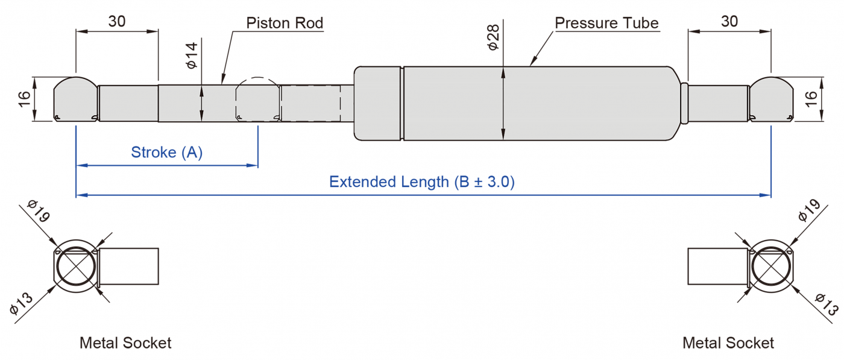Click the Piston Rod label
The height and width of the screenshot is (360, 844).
coord(285,24)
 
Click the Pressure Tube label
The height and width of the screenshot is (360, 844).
coord(606,24)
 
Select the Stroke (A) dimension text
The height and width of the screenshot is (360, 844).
coord(167,153)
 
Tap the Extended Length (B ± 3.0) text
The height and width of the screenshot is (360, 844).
coord(422,182)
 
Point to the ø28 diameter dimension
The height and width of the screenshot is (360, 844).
coord(494,37)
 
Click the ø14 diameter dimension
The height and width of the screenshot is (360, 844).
coord(192,55)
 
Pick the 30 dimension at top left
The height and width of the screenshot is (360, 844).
coord(117,21)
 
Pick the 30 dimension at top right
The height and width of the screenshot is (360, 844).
coord(729,21)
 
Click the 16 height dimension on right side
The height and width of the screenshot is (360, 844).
coord(811,99)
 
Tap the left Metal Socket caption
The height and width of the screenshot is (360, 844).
coord(125,343)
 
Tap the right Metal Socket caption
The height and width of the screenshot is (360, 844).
coord(728,343)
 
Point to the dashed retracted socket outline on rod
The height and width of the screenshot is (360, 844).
coord(258,99)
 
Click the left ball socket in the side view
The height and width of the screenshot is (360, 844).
coord(75,99)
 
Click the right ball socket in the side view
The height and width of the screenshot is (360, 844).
coord(771,99)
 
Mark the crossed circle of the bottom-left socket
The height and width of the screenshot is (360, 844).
coord(75,267)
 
